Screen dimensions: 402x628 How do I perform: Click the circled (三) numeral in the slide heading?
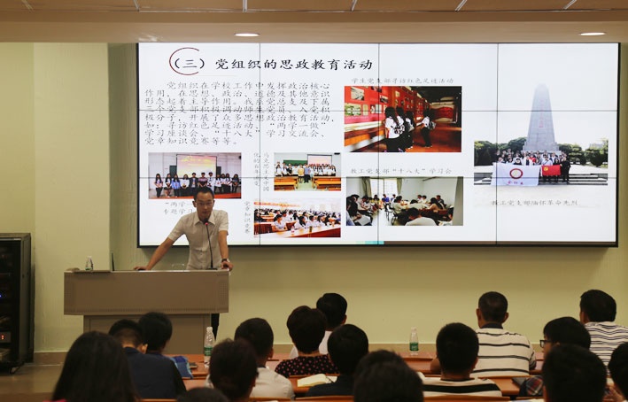pyautogui.click(x=186, y=62)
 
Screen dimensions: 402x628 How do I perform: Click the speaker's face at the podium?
pyautogui.click(x=205, y=203)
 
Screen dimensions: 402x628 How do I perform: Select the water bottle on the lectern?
pyautogui.click(x=89, y=263)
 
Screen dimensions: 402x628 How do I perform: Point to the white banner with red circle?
pyautogui.click(x=516, y=174)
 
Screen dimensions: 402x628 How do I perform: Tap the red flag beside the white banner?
pyautogui.click(x=551, y=169)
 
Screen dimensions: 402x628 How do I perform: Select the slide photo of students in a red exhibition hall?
pyautogui.click(x=402, y=119)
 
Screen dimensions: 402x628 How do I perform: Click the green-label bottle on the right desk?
pyautogui.click(x=414, y=341)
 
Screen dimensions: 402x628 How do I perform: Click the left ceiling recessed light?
pyautogui.click(x=246, y=35)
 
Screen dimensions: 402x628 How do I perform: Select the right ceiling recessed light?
pyautogui.click(x=592, y=34)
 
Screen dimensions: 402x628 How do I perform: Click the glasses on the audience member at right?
pyautogui.click(x=545, y=343)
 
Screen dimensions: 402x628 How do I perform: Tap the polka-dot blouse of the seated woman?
pyautogui.click(x=306, y=364)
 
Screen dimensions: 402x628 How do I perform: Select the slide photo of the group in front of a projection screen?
pyautogui.click(x=194, y=175)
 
